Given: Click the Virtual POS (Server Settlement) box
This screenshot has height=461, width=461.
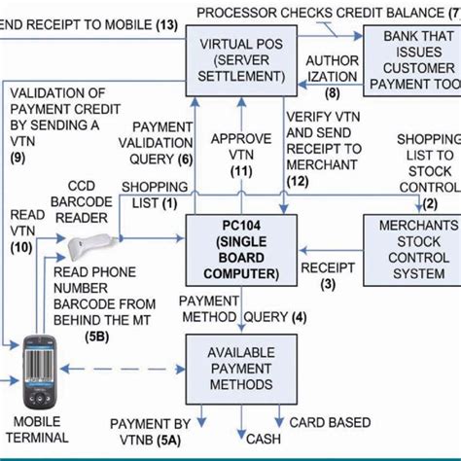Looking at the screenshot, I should [x=235, y=60].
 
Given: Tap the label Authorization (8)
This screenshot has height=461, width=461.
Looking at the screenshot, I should [x=332, y=76].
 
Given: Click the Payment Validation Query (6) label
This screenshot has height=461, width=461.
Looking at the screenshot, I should [x=162, y=143].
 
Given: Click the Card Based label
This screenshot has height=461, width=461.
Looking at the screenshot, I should [x=330, y=422].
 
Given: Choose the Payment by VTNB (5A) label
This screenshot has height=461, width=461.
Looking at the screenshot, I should [x=150, y=432].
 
